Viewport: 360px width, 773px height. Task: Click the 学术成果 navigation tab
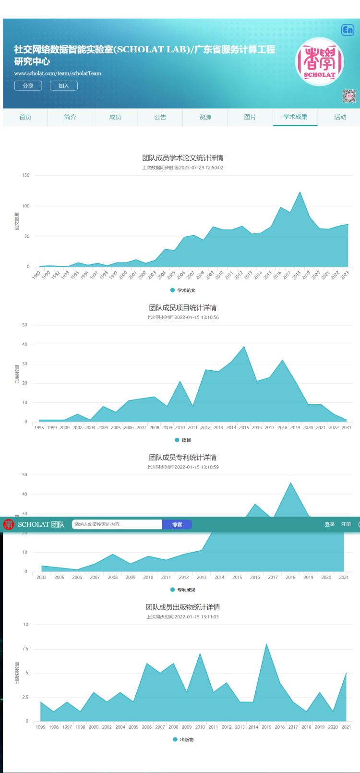[x=295, y=117]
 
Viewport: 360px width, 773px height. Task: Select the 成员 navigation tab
[x=115, y=117]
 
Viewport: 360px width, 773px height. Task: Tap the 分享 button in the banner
[x=28, y=85]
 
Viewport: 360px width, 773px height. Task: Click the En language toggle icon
[x=348, y=30]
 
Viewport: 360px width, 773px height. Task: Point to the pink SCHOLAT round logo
[x=319, y=61]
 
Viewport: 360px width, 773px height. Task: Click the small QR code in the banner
[x=349, y=96]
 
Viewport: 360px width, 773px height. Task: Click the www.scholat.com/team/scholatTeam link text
[x=58, y=73]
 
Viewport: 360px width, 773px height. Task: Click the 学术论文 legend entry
[x=183, y=290]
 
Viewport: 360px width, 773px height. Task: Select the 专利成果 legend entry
[x=183, y=590]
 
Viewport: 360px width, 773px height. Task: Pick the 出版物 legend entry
[x=183, y=739]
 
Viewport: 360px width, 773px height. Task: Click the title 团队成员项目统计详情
[x=182, y=308]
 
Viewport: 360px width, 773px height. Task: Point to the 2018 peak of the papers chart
[x=300, y=192]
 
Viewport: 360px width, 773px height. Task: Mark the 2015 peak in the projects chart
[x=244, y=347]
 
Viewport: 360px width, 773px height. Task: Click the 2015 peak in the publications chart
[x=266, y=644]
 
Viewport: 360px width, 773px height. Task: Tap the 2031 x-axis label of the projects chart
[x=346, y=427]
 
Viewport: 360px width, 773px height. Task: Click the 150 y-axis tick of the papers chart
[x=25, y=175]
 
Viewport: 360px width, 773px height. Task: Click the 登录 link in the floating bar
[x=329, y=524]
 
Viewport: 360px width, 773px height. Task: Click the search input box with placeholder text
[x=117, y=524]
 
